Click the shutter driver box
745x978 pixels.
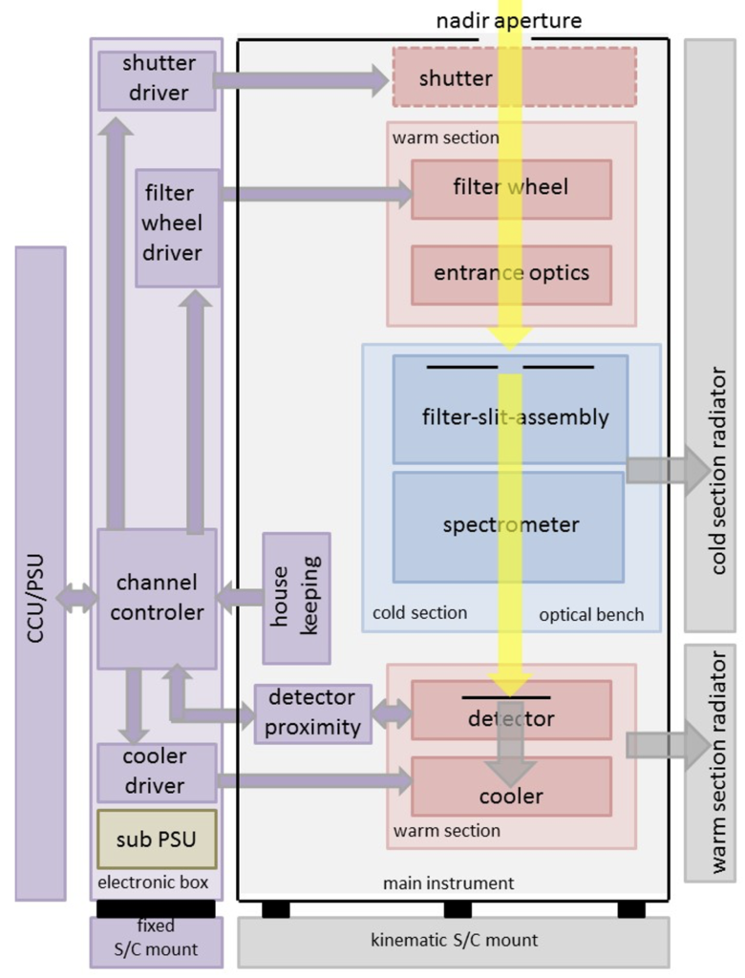pyautogui.click(x=158, y=81)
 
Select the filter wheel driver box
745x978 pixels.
pyautogui.click(x=178, y=228)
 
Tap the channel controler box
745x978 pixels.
pyautogui.click(x=158, y=599)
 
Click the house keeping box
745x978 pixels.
pyautogui.click(x=296, y=598)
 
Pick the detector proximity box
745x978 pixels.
pyautogui.click(x=313, y=713)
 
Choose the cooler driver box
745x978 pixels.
pyautogui.click(x=158, y=772)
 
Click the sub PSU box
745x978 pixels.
pyautogui.click(x=158, y=839)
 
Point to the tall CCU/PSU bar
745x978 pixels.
pyautogui.click(x=40, y=573)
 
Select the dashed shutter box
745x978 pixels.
pyautogui.click(x=514, y=76)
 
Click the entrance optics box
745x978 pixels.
pyautogui.click(x=511, y=275)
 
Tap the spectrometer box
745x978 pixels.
pyautogui.click(x=508, y=527)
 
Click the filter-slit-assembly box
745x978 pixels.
pyautogui.click(x=510, y=409)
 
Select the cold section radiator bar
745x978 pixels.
pyautogui.click(x=710, y=335)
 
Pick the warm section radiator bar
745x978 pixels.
pyautogui.click(x=710, y=763)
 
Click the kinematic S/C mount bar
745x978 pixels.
pyautogui.click(x=454, y=942)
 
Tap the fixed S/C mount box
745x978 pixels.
pyautogui.click(x=156, y=942)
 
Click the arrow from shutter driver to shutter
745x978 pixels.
pyautogui.click(x=302, y=80)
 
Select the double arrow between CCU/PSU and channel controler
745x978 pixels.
pyautogui.click(x=77, y=598)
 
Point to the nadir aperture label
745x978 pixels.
pyautogui.click(x=508, y=21)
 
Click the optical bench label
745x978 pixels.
pyautogui.click(x=591, y=615)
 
